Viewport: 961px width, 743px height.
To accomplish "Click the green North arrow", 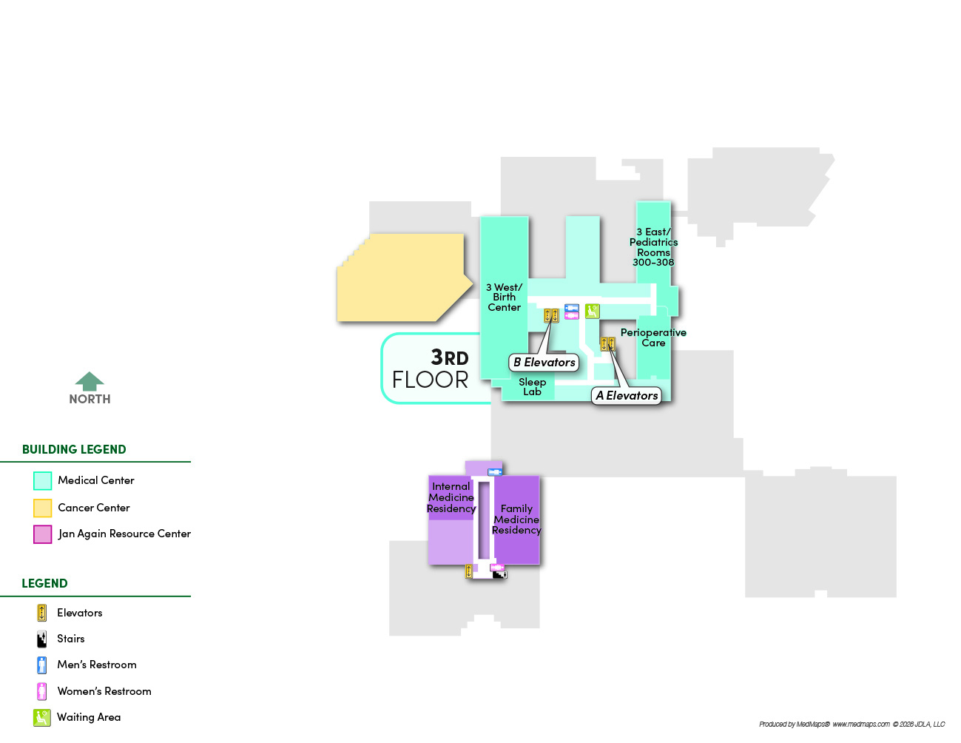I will (x=90, y=382).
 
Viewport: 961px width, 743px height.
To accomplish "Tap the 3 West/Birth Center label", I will (x=504, y=297).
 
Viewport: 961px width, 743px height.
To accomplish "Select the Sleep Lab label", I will (x=532, y=387).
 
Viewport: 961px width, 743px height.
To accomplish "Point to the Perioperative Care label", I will (x=653, y=337).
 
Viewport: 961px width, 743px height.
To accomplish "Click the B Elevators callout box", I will (x=544, y=363).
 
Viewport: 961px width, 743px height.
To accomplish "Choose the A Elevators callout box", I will (x=627, y=396).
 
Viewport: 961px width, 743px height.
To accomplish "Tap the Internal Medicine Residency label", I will (x=451, y=497).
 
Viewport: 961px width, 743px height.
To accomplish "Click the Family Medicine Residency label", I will (x=516, y=520).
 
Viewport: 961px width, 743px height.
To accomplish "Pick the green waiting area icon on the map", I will (x=592, y=311).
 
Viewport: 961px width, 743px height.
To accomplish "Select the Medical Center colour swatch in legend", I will (x=43, y=481).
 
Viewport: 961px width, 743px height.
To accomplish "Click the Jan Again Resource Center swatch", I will (x=43, y=534).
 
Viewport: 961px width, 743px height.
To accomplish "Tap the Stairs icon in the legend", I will (x=42, y=639).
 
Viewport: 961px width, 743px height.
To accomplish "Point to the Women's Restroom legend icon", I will (x=42, y=691).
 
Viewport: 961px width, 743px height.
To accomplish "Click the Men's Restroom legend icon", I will (x=42, y=665).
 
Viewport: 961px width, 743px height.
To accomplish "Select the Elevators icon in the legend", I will (x=42, y=613).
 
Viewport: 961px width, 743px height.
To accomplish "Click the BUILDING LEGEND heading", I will (x=74, y=450).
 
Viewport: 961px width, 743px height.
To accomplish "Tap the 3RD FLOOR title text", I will (x=431, y=369).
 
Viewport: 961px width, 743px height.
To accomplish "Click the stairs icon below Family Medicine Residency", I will (x=500, y=574).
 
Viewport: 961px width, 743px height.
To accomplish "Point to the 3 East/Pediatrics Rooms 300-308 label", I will (x=653, y=247).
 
